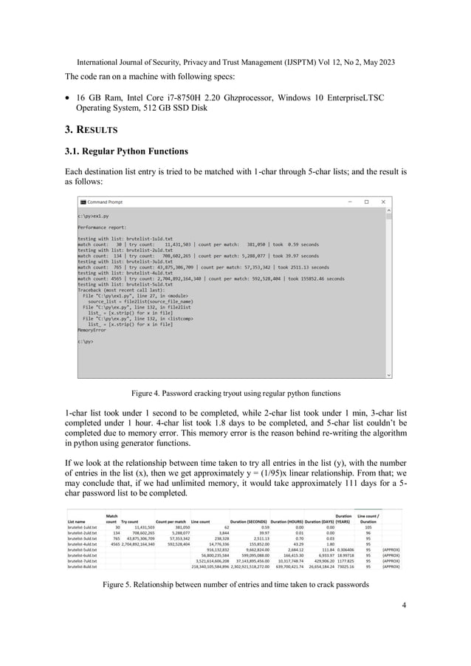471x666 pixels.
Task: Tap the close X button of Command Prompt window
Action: point(382,201)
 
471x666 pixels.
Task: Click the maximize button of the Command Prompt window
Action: point(365,201)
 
